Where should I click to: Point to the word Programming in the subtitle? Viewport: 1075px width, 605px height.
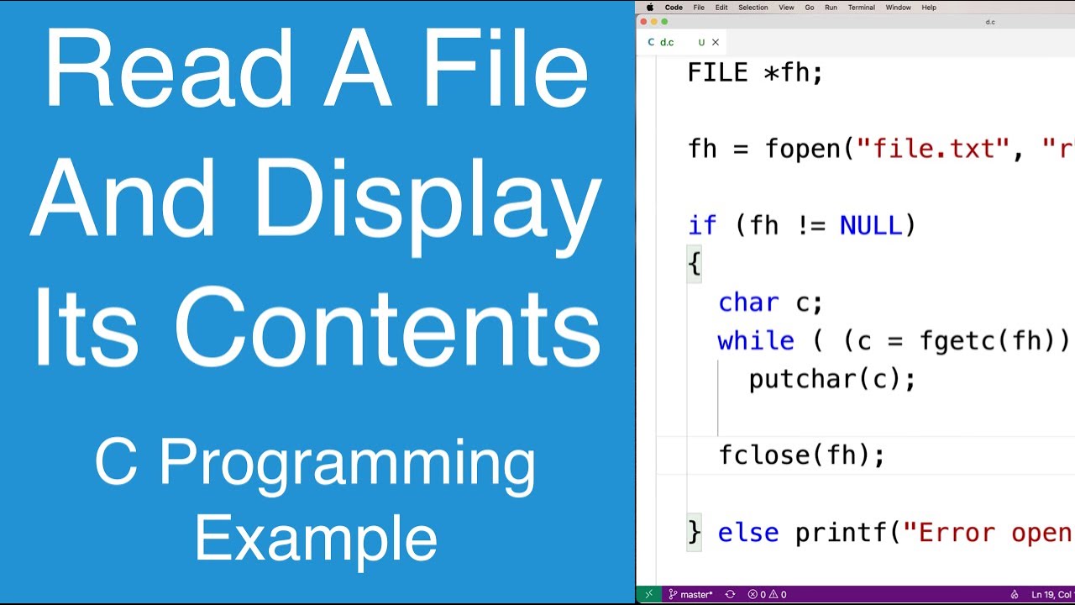pyautogui.click(x=347, y=465)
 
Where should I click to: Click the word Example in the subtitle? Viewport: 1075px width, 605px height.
pyautogui.click(x=316, y=539)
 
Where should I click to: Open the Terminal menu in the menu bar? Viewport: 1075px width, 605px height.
pyautogui.click(x=861, y=8)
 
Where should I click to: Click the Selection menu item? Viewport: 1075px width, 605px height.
pyautogui.click(x=752, y=8)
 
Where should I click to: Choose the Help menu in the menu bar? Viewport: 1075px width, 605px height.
pyautogui.click(x=929, y=8)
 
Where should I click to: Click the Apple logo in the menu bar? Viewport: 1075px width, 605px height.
pyautogui.click(x=649, y=8)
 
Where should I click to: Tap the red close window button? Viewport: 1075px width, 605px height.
pyautogui.click(x=644, y=22)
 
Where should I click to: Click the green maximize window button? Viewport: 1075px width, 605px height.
pyautogui.click(x=664, y=22)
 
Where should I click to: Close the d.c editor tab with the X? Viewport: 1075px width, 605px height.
pyautogui.click(x=716, y=42)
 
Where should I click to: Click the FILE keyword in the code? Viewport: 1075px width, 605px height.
pyautogui.click(x=717, y=72)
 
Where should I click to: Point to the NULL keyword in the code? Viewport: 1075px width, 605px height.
pyautogui.click(x=870, y=225)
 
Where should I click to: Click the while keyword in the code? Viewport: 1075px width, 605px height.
pyautogui.click(x=756, y=340)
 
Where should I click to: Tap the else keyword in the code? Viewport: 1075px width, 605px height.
pyautogui.click(x=748, y=532)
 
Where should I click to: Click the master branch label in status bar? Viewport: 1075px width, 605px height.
pyautogui.click(x=696, y=595)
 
